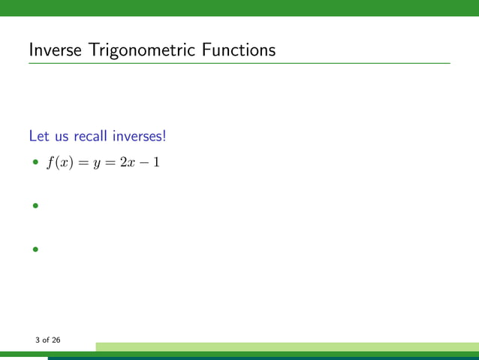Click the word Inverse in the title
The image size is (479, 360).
click(54, 50)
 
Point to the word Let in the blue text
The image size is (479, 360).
click(38, 136)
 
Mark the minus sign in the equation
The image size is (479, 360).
click(141, 163)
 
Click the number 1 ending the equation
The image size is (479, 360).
click(155, 162)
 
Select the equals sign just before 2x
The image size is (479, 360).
click(110, 163)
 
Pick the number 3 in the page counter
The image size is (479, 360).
click(37, 340)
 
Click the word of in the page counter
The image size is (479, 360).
click(45, 340)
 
